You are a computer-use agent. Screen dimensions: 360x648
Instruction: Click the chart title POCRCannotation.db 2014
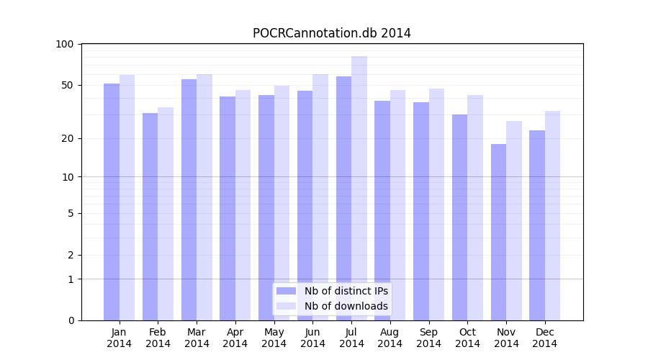pos(331,33)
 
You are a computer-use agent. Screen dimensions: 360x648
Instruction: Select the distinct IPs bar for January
pos(112,202)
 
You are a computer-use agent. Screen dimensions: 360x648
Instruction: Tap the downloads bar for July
pos(359,187)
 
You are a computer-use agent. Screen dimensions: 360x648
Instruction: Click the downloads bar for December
pos(552,215)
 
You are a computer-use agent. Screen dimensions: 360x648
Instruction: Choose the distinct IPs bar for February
pos(150,216)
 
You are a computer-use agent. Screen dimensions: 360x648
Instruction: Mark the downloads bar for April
pos(243,205)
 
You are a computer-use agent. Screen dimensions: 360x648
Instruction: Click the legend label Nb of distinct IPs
pos(346,291)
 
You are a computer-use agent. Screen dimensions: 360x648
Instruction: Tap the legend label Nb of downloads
pos(346,306)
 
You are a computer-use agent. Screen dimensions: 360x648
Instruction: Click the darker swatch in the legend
pos(286,291)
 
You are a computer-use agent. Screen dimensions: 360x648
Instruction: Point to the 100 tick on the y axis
pos(65,44)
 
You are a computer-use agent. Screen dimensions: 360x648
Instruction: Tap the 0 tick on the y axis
pos(71,320)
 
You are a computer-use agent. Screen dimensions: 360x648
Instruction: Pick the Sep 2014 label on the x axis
pos(428,338)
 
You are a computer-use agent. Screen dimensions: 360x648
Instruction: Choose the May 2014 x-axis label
pos(274,338)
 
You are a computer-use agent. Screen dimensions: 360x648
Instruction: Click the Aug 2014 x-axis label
pos(390,338)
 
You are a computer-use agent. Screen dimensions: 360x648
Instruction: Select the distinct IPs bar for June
pos(305,205)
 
